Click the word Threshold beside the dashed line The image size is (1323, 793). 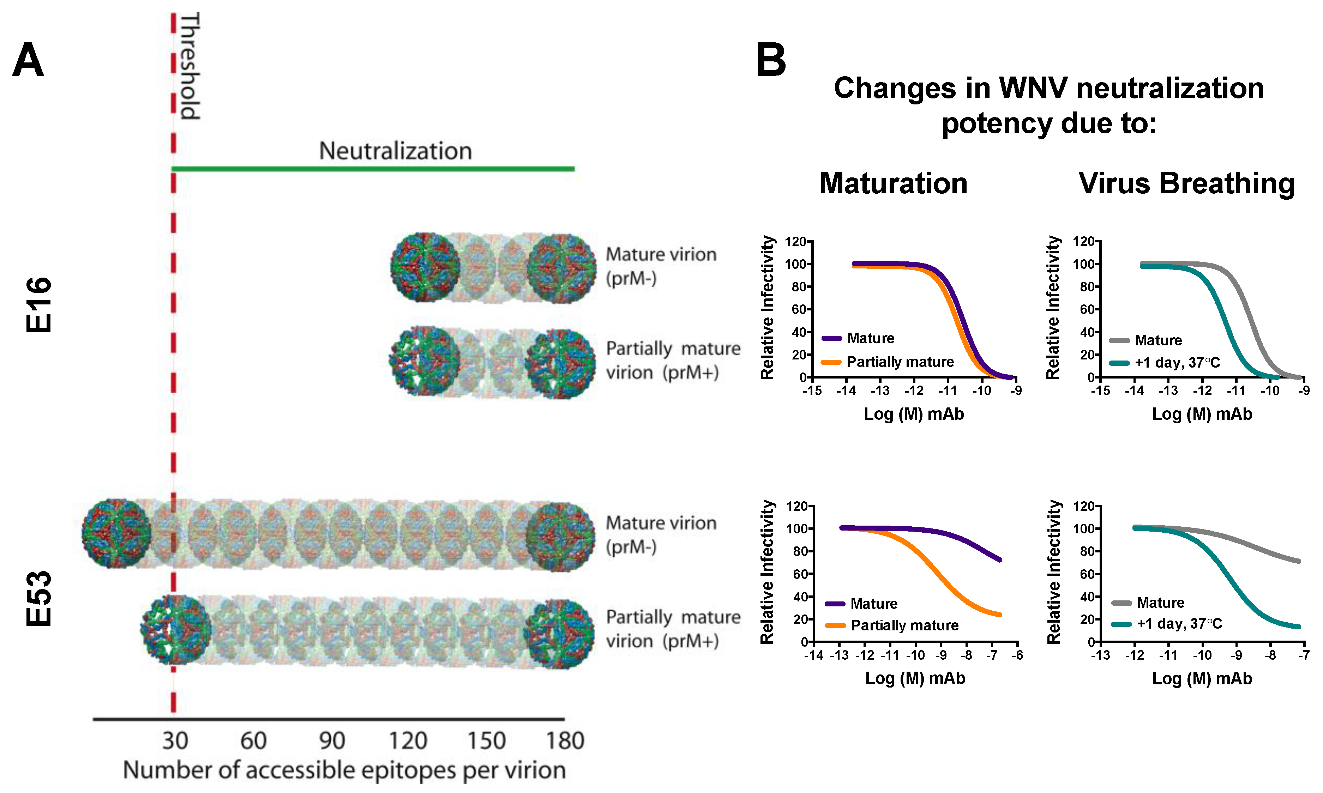point(190,66)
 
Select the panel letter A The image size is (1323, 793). point(28,60)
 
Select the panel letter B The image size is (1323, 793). point(770,60)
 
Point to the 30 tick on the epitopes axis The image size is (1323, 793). point(175,741)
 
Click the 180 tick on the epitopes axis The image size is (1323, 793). point(565,741)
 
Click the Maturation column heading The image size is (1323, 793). point(893,183)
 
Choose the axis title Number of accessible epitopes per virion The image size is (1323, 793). point(344,770)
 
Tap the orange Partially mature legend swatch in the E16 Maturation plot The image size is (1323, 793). point(831,362)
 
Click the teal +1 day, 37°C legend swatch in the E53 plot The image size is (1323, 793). point(1121,624)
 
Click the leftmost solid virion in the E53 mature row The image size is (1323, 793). point(116,533)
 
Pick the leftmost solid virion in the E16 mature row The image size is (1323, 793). point(425,267)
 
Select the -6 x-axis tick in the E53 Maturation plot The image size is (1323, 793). point(1017,655)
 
